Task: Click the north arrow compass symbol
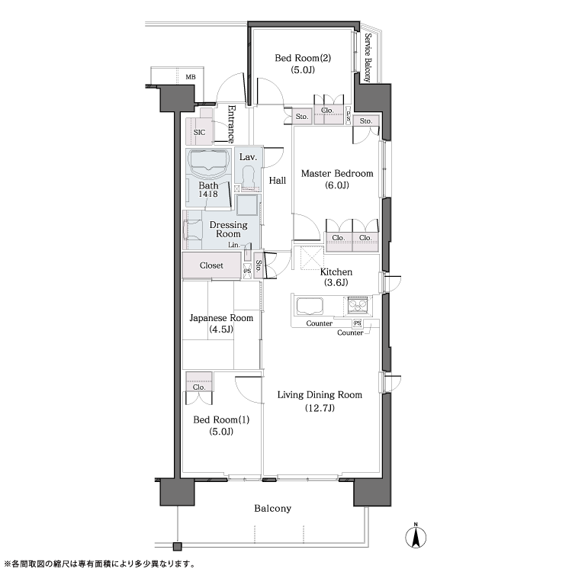pos(416,536)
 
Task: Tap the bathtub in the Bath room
pos(209,162)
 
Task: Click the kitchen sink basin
pos(310,306)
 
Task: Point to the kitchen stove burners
pos(358,304)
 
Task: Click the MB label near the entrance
pos(191,77)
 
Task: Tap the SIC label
pos(199,133)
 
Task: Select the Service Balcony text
pos(368,58)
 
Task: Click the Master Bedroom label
pos(337,173)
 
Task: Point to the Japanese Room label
pos(221,318)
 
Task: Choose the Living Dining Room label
pos(320,395)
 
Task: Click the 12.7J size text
pos(320,408)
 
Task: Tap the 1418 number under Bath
pos(208,194)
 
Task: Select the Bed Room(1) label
pos(221,419)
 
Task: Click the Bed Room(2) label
pos(303,58)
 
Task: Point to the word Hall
pos(278,180)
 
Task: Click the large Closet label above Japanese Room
pos(211,265)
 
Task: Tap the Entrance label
pos(231,124)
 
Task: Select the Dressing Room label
pos(228,229)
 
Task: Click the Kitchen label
pos(336,272)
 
